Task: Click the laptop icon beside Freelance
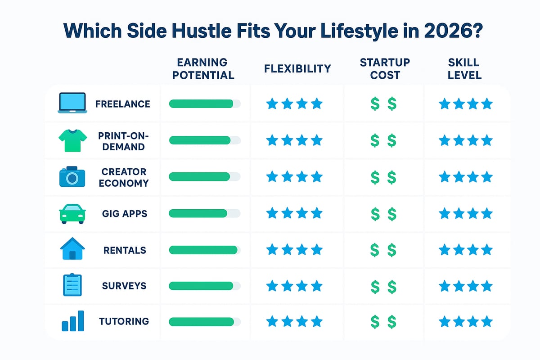click(72, 103)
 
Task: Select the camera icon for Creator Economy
click(72, 177)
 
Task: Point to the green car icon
click(72, 213)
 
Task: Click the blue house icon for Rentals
click(72, 249)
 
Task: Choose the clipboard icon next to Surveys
click(72, 285)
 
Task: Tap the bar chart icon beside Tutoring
click(72, 321)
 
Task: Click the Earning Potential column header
click(203, 68)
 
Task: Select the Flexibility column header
click(297, 68)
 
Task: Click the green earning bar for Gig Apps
click(198, 213)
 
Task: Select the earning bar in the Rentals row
click(202, 249)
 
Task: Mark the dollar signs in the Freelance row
click(383, 104)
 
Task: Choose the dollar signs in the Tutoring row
click(383, 321)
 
